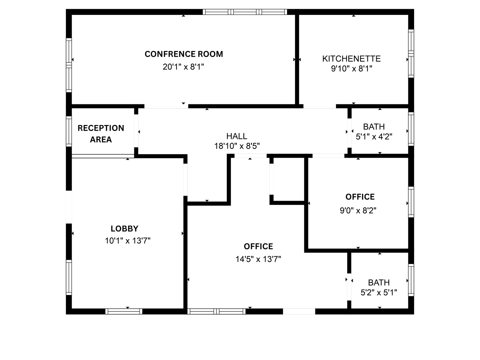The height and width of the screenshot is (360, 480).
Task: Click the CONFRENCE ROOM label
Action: click(184, 54)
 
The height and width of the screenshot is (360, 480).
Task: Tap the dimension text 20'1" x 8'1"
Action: click(183, 67)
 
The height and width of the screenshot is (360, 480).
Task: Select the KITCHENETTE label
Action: click(352, 59)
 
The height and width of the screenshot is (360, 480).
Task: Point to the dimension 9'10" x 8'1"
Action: click(352, 69)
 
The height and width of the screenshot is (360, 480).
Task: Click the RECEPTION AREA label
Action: click(101, 134)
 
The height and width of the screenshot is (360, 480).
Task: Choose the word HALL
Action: click(237, 136)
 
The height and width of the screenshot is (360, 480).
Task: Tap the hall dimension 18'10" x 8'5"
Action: click(237, 146)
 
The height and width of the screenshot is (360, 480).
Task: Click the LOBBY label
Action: click(124, 229)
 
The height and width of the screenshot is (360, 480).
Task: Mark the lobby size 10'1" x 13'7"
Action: click(128, 241)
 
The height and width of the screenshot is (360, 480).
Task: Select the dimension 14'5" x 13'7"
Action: click(258, 259)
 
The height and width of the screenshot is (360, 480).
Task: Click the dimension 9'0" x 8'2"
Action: click(358, 211)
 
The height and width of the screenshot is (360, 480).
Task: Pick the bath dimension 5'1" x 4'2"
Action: click(374, 137)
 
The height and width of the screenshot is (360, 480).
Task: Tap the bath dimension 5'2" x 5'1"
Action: click(379, 292)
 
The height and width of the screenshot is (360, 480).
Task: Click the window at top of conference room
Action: click(245, 12)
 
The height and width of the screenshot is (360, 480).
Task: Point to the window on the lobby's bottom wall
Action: click(124, 311)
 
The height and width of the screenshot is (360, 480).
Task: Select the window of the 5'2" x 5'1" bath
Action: click(411, 280)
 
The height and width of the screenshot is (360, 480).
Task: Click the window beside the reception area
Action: click(69, 131)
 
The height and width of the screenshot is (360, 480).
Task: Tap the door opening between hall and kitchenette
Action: click(319, 106)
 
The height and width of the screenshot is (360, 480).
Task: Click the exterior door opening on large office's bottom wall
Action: click(299, 311)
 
